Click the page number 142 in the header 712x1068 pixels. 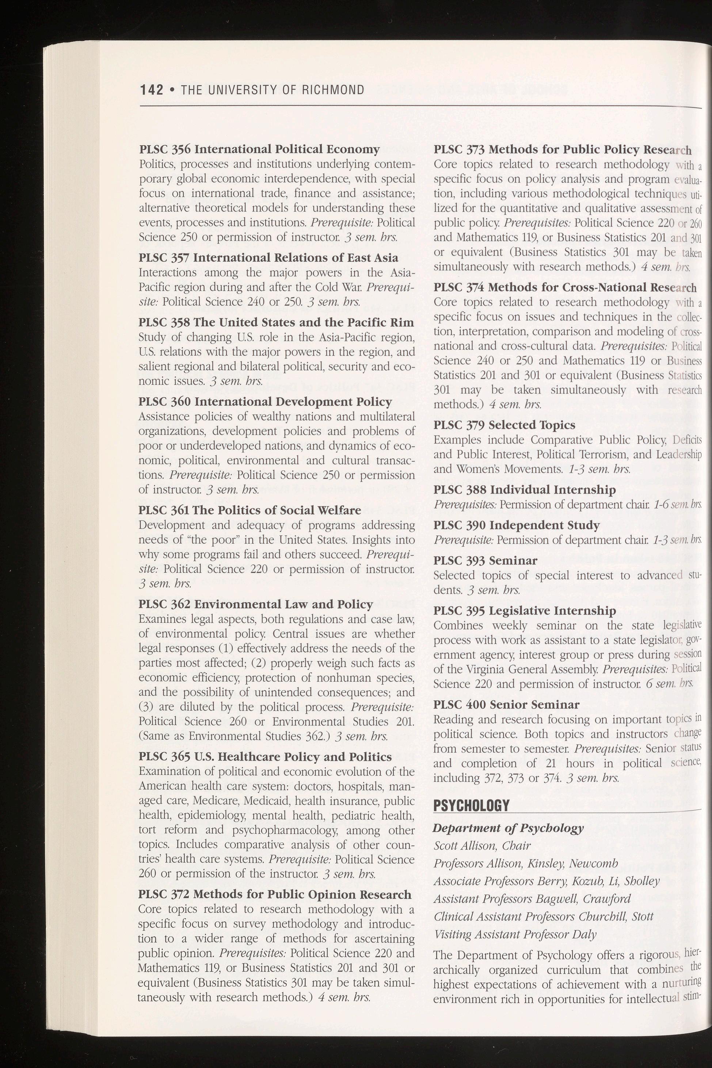point(151,90)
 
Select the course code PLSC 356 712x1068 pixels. point(165,149)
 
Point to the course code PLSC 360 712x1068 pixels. point(164,402)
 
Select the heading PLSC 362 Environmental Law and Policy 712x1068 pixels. point(255,605)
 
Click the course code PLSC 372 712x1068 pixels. point(164,895)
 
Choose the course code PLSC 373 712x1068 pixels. point(459,150)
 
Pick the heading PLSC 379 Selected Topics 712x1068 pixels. point(504,425)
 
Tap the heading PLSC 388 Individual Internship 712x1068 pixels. point(525,490)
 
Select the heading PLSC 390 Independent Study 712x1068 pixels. point(516,526)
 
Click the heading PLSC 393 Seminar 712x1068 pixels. point(485,561)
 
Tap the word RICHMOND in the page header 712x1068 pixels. point(333,90)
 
